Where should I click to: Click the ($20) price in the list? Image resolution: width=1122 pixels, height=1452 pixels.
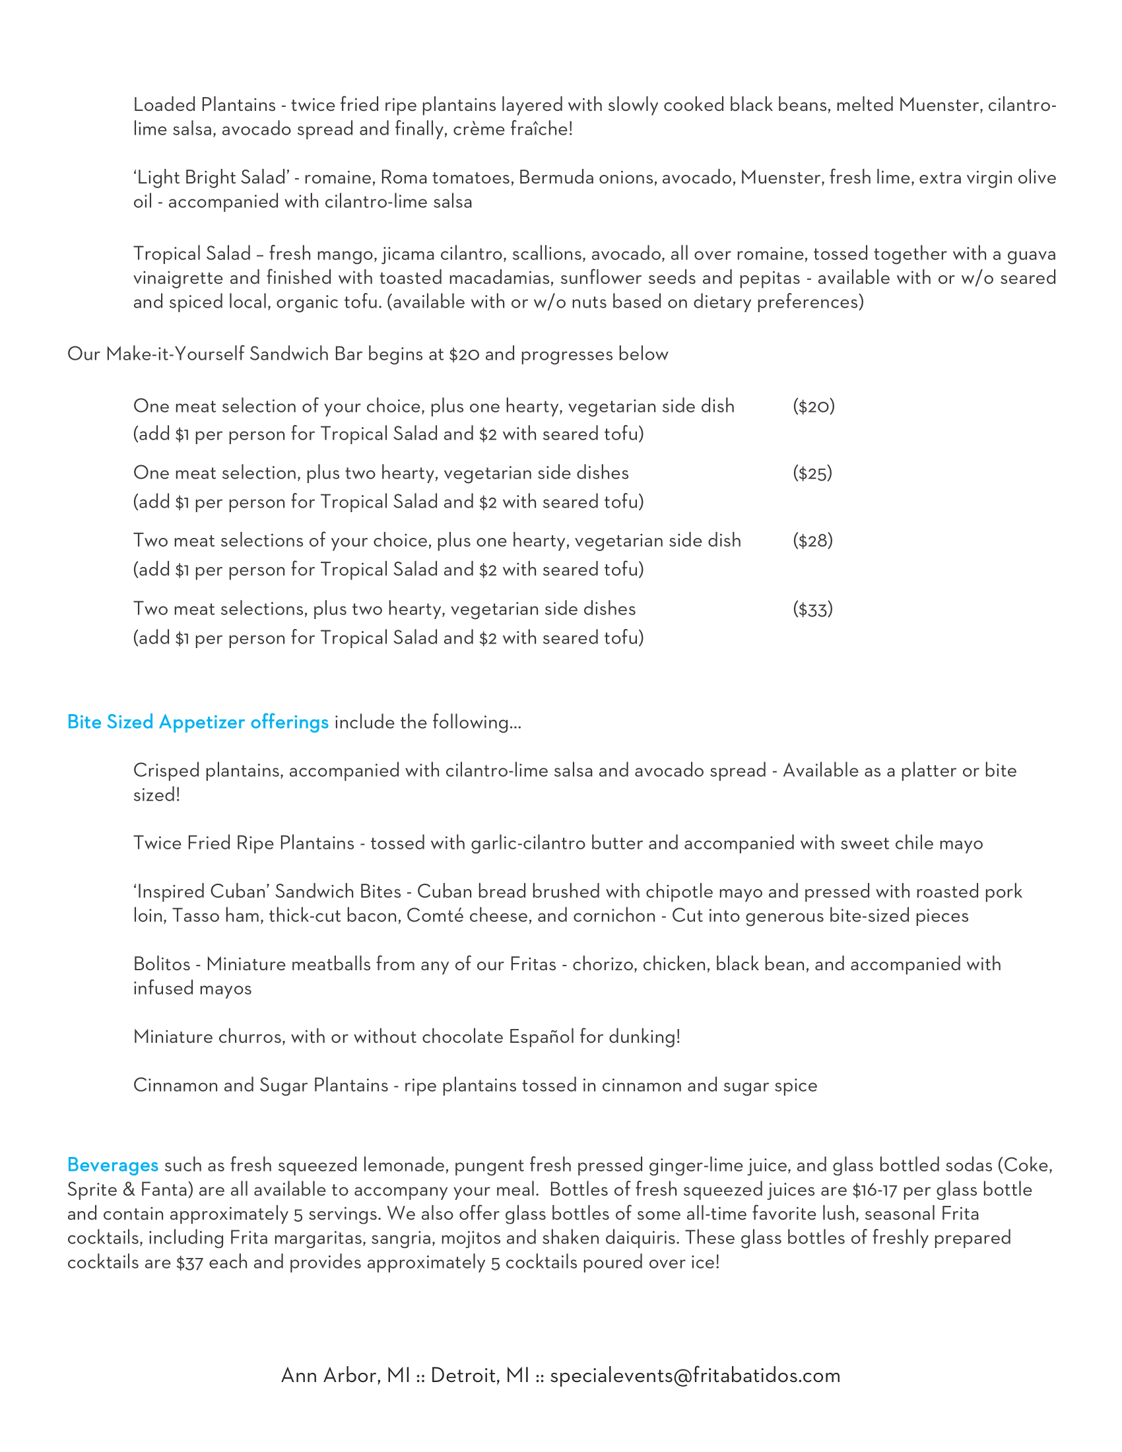tap(813, 406)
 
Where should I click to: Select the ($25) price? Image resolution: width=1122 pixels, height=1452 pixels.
tap(812, 473)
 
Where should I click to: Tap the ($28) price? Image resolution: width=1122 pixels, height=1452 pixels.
tap(812, 541)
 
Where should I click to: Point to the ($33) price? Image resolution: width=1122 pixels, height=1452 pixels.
tap(812, 609)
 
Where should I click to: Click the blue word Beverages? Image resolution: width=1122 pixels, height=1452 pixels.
tap(112, 1165)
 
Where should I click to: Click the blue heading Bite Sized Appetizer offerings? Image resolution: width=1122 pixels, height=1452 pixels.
tap(197, 722)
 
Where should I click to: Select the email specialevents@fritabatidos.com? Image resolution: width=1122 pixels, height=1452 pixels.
tap(694, 1375)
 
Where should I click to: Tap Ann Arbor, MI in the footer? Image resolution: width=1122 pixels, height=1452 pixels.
tap(345, 1375)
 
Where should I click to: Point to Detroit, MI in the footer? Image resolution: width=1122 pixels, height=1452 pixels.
tap(480, 1375)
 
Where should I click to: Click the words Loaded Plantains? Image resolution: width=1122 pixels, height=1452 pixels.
tap(204, 105)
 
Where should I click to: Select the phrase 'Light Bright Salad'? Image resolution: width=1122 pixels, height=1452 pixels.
tap(211, 178)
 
